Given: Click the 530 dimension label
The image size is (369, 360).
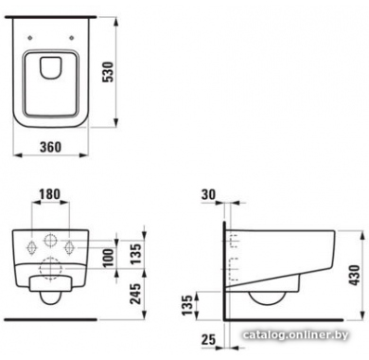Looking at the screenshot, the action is coord(109,72).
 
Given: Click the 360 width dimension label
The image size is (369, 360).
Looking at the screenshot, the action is coord(51,147).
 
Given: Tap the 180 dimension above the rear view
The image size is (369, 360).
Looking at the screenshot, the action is coord(50,194).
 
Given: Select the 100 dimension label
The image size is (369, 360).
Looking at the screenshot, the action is coord(108,258).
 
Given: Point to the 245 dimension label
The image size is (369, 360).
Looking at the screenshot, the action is coord(136,294).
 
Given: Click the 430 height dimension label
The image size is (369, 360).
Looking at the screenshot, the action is coord(355,276).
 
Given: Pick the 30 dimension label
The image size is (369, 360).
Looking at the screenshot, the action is coord(208,195).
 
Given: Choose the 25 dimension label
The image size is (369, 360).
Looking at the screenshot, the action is coord(208,339).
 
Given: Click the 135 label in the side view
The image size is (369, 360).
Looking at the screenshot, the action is coord(187,305).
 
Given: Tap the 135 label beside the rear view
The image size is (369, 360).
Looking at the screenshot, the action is coord(136,254).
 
